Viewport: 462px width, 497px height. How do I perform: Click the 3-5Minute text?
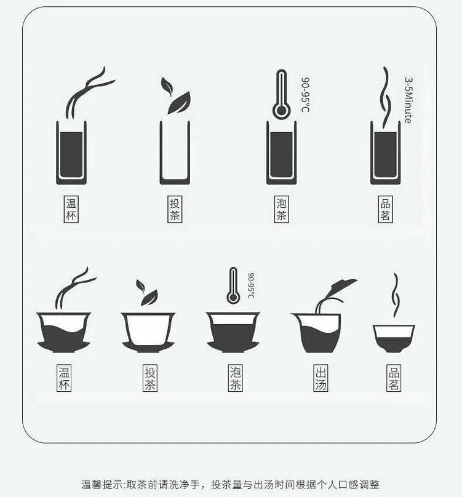[x=408, y=100]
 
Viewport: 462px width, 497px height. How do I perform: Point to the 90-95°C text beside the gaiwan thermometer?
[x=251, y=286]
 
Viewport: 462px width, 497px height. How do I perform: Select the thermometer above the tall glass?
[x=281, y=94]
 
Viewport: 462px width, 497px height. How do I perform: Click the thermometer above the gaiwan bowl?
[x=233, y=285]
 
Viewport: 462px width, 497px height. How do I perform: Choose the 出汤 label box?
[x=321, y=379]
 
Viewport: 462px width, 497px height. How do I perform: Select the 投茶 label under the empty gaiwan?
[x=149, y=379]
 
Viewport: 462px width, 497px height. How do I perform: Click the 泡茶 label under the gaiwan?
[x=235, y=379]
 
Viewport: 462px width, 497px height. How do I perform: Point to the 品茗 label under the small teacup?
[x=394, y=379]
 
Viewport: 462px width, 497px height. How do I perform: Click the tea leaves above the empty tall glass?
[x=175, y=95]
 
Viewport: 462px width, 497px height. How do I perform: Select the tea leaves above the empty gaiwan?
[x=146, y=292]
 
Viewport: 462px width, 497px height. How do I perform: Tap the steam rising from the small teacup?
[x=395, y=295]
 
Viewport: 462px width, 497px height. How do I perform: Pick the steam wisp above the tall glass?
[x=387, y=95]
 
